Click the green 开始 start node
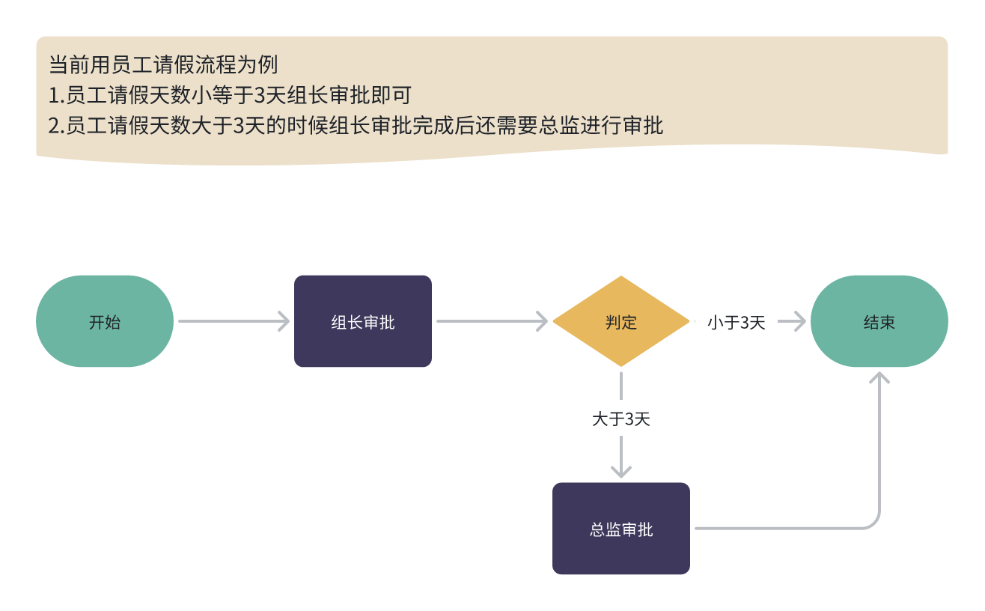105,322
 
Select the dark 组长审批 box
363,322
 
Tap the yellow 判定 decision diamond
621,322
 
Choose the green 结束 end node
879,322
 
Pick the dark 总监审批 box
621,529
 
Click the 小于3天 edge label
737,323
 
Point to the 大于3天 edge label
621,419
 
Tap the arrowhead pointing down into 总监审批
621,470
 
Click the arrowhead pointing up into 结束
879,377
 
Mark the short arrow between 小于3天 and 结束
791,322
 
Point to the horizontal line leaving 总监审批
778,529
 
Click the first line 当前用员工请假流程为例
163,65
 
